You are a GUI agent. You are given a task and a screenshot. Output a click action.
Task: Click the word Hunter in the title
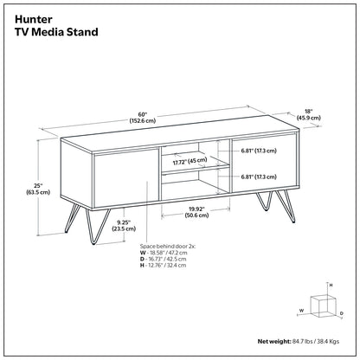pyautogui.click(x=34, y=20)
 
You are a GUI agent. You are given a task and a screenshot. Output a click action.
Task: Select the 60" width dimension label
pyautogui.click(x=143, y=118)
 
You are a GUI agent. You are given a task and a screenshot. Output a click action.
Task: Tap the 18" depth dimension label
pyautogui.click(x=308, y=114)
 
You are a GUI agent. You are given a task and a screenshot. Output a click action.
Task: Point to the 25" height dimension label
pyautogui.click(x=38, y=189)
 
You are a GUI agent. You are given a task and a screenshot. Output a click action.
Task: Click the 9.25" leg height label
pyautogui.click(x=124, y=226)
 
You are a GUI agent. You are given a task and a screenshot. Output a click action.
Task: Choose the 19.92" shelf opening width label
pyautogui.click(x=196, y=212)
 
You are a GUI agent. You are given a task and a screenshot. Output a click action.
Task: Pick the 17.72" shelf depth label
pyautogui.click(x=190, y=161)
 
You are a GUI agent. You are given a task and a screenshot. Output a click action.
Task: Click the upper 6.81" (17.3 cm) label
pyautogui.click(x=259, y=151)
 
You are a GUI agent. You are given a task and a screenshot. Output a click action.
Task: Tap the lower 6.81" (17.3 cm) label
pyautogui.click(x=259, y=177)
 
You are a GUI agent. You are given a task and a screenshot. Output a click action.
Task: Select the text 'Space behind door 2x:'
pyautogui.click(x=168, y=247)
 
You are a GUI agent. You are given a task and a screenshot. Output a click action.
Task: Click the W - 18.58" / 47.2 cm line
pyautogui.click(x=164, y=253)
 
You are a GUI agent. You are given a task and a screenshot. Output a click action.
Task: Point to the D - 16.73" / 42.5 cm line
pyautogui.click(x=164, y=259)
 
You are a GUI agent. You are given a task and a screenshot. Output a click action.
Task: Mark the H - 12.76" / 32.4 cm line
pyautogui.click(x=163, y=266)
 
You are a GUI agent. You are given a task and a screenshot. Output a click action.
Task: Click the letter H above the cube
pyautogui.click(x=331, y=285)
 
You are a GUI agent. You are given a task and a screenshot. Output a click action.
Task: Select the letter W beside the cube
pyautogui.click(x=301, y=311)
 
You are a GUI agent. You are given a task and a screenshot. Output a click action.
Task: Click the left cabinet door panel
pyautogui.click(x=126, y=179)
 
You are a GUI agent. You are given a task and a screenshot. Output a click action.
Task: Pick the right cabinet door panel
pyautogui.click(x=264, y=164)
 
